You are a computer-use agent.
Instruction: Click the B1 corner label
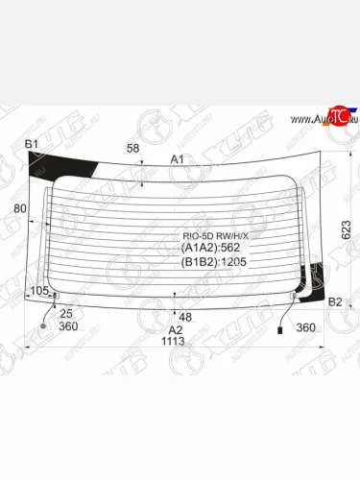pos(32,145)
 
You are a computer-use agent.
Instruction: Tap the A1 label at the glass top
pos(178,158)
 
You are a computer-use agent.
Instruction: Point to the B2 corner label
pos(335,302)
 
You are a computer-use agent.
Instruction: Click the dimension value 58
pos(132,148)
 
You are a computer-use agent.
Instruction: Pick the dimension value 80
pos(20,207)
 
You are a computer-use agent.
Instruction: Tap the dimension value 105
pos(39,290)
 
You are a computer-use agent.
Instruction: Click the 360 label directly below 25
pos(67,326)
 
